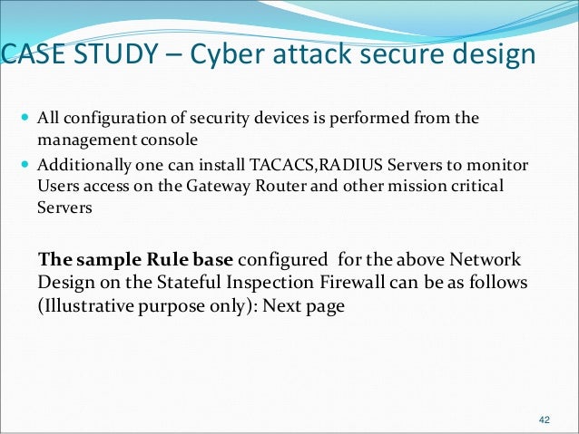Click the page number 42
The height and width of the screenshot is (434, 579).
(x=545, y=420)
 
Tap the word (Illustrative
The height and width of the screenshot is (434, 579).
(x=86, y=307)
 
